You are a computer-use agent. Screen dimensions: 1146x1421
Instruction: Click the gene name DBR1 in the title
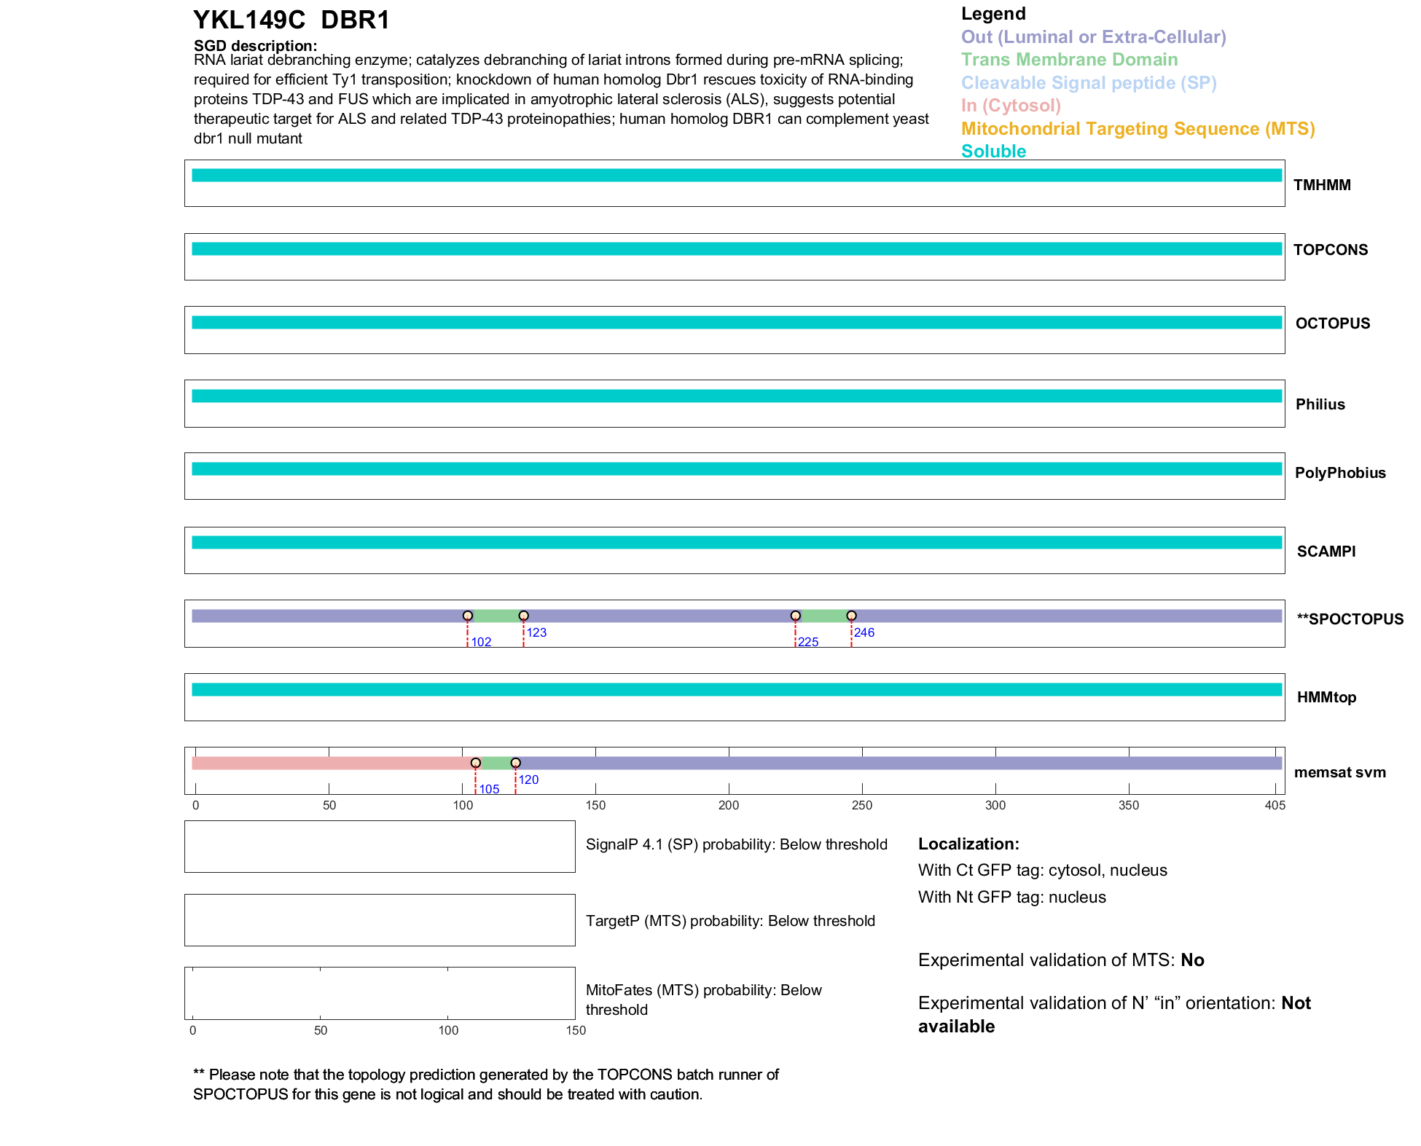pos(355,20)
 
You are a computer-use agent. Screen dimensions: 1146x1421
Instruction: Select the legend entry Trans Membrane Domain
pos(1069,60)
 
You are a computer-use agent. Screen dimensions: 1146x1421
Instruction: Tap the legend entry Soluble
pos(993,152)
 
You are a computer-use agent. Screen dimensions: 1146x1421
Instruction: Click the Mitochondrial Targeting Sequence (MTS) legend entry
pos(1138,129)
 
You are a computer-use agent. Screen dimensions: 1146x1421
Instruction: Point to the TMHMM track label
pos(1321,185)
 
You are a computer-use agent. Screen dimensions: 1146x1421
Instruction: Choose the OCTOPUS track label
pos(1332,323)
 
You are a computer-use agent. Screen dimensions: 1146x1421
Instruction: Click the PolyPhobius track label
pos(1339,473)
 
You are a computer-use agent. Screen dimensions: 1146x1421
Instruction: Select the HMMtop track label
pos(1326,697)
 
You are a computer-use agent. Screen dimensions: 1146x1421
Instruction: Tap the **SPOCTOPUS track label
pos(1350,619)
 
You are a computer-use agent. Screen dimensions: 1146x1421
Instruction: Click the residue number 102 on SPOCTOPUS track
pos(481,642)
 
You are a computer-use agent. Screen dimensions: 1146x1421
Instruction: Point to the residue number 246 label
pos(864,632)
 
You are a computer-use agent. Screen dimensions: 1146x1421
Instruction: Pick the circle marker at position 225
pos(795,616)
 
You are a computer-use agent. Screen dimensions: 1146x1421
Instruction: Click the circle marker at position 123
pos(523,616)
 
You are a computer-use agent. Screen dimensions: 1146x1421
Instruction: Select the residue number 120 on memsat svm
pos(528,780)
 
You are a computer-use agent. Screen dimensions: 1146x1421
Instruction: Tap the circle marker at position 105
pos(476,763)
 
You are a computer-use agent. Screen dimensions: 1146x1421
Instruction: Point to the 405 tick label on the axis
pos(1275,805)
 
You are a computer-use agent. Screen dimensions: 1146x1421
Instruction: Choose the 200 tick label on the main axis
pos(729,805)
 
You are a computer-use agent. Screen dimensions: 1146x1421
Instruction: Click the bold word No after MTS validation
pos(1192,960)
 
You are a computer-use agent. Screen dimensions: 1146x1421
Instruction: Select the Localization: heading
pos(968,844)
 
